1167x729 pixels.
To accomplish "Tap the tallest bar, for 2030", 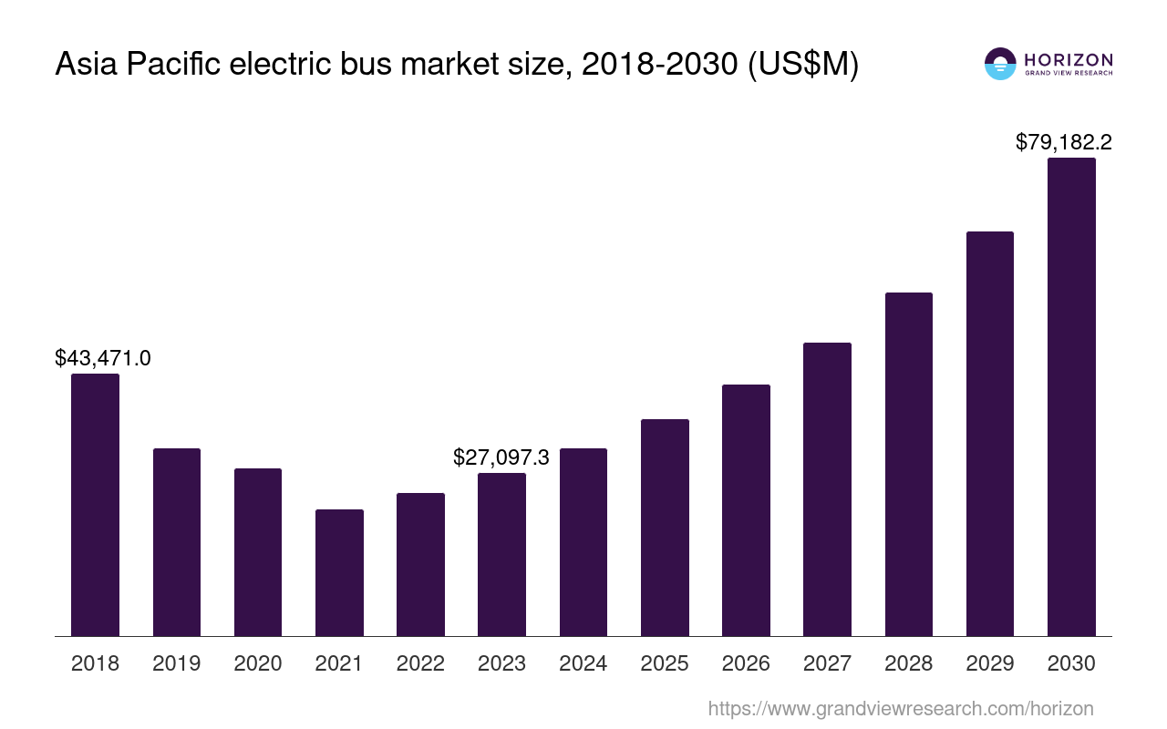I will pos(1071,396).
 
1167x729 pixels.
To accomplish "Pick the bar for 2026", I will pos(746,510).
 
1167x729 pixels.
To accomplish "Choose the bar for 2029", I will pos(990,434).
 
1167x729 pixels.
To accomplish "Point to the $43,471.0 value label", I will pos(103,358).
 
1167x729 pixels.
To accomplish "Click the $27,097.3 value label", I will pos(501,457).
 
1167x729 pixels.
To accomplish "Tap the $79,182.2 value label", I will pos(1064,142).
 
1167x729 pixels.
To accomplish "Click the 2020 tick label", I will pos(258,663).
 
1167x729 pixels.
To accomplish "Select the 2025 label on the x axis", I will pos(665,663).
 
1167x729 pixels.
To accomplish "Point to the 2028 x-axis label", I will pos(909,663).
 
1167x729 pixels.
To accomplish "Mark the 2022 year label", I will pos(420,663).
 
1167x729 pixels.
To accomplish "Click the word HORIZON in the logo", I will pos(1069,60).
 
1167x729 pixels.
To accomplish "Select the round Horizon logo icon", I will pos(1000,64).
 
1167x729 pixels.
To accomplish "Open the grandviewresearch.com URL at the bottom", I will pos(900,709).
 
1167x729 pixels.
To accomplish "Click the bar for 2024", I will pos(583,542).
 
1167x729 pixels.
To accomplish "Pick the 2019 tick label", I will pos(177,663).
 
